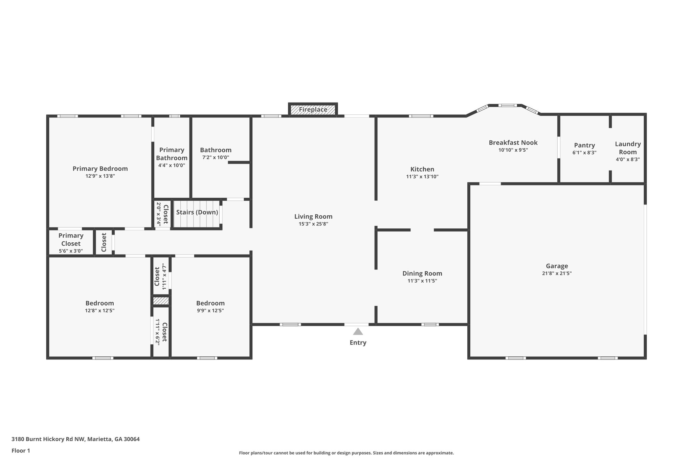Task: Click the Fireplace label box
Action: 313,110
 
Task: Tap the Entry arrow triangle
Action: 358,332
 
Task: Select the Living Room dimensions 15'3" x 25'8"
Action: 313,224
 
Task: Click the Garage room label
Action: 557,266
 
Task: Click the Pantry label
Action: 584,145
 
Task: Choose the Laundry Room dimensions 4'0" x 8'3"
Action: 628,159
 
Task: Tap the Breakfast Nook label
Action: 513,142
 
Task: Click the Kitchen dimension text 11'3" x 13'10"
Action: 422,177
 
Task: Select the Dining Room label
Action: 422,273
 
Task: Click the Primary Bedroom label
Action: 100,169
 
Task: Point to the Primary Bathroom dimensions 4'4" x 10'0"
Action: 172,166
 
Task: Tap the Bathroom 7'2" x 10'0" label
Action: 216,153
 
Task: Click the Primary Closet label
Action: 71,240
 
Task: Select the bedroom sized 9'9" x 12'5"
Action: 210,306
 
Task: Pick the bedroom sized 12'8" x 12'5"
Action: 99,306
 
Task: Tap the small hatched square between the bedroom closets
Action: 161,301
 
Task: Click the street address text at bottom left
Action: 75,439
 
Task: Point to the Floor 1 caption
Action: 21,450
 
